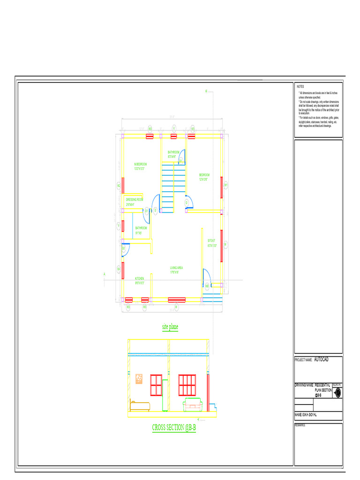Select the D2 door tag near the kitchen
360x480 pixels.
click(124, 249)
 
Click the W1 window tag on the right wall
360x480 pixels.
click(225, 244)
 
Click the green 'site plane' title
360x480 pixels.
click(170, 327)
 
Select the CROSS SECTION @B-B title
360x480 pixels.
click(173, 427)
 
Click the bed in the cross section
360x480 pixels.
click(140, 405)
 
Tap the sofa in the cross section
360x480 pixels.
click(193, 404)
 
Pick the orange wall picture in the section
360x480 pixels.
click(139, 379)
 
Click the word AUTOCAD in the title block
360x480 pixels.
click(321, 360)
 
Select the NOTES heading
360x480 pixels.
click(300, 87)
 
